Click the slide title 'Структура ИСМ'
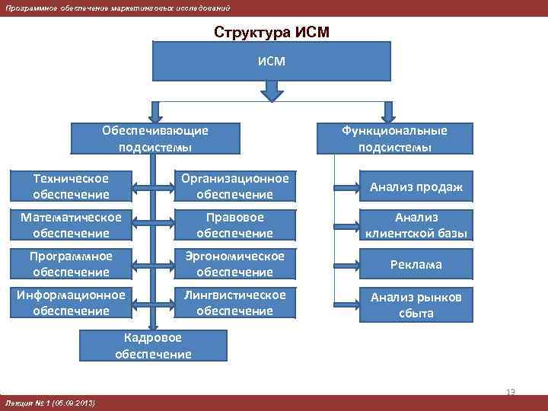272,33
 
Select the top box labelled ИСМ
272,60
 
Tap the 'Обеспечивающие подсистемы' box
155,139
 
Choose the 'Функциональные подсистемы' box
394,139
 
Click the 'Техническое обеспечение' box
72,186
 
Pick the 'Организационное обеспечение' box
234,186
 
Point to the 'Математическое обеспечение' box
72,225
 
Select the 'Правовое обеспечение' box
234,225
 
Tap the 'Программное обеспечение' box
72,264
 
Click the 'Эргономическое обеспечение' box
234,264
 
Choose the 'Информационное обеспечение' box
72,303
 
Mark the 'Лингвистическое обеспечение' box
234,303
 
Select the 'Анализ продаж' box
416,187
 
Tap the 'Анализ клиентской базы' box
416,225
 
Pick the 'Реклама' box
416,265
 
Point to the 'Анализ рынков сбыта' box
416,304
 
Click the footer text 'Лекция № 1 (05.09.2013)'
50,403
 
